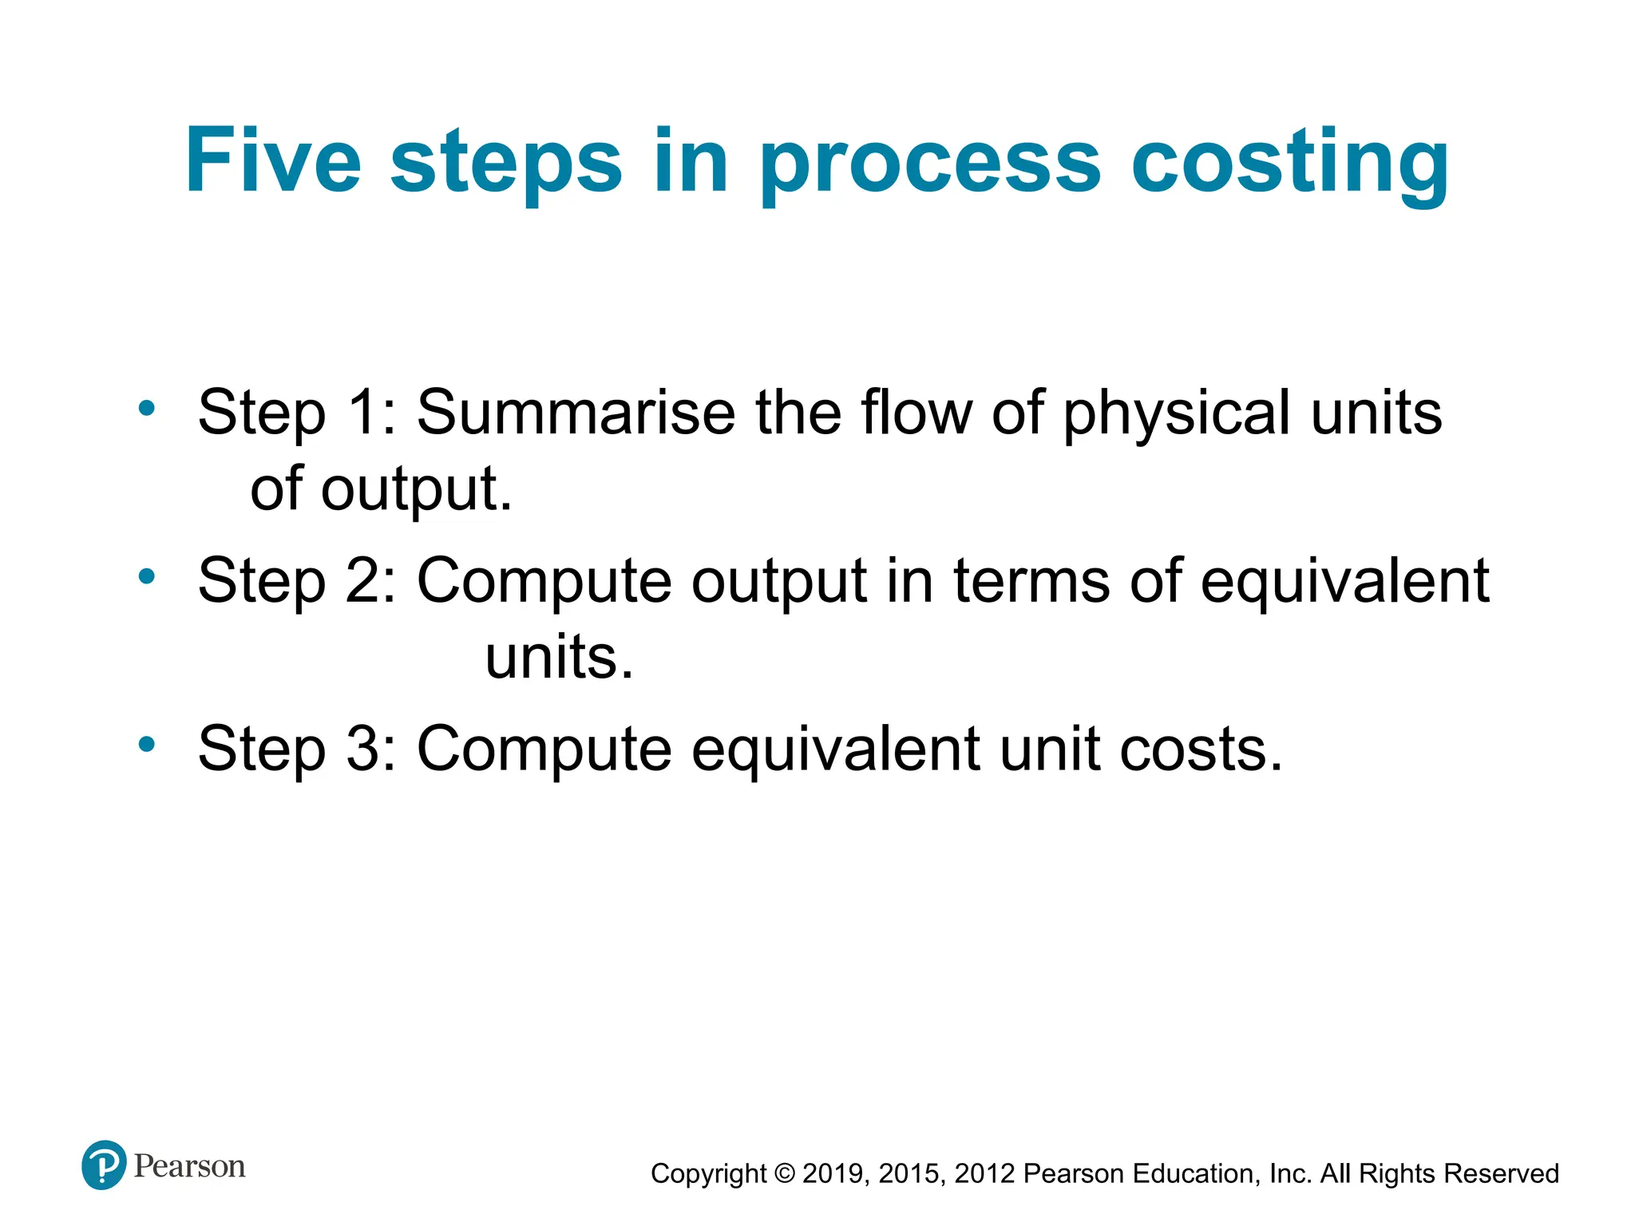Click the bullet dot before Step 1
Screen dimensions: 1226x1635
(146, 409)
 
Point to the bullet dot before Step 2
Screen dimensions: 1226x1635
(146, 576)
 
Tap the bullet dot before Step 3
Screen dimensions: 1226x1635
(146, 745)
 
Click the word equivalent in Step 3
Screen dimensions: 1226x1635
(835, 751)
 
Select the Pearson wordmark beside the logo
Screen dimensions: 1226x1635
(189, 1166)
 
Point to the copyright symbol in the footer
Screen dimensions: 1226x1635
(786, 1173)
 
